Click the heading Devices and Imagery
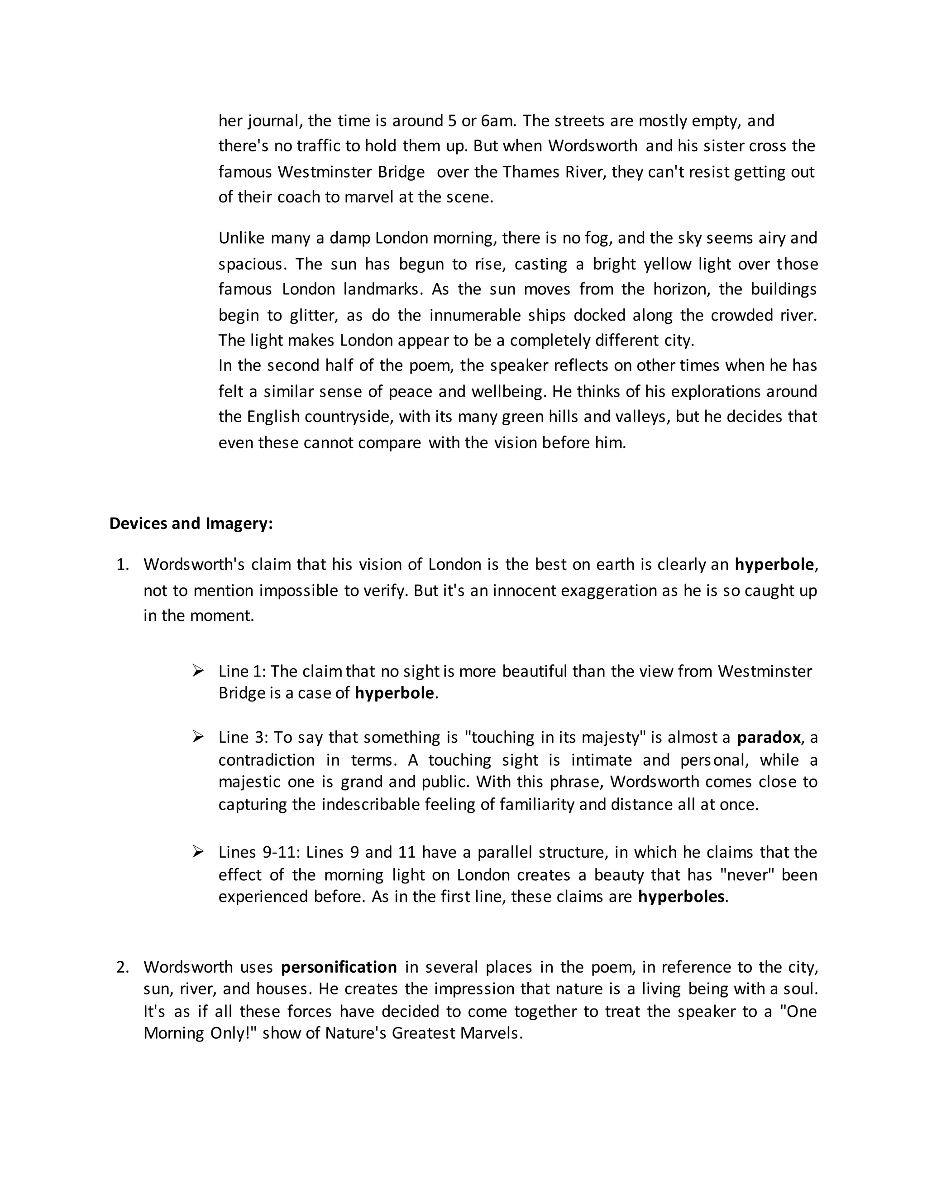coord(191,523)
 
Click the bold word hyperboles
coord(681,896)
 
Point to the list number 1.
coord(122,564)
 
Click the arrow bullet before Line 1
coord(198,670)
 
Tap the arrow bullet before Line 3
coord(198,736)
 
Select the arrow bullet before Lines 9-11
coord(198,852)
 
